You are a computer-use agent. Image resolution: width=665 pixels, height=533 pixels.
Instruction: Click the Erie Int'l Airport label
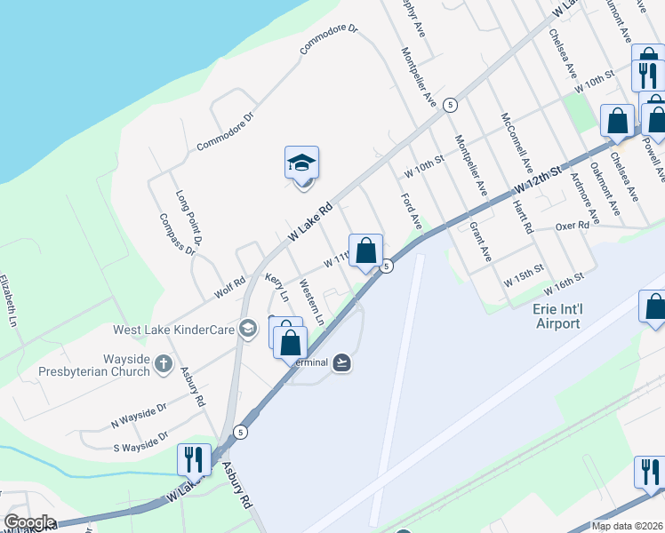[x=557, y=316]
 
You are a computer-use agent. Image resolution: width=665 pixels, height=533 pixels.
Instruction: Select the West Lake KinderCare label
[x=173, y=330]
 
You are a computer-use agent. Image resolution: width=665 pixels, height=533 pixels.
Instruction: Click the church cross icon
[x=163, y=363]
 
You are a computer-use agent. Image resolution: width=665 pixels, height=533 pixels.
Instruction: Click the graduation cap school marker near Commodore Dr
[x=301, y=163]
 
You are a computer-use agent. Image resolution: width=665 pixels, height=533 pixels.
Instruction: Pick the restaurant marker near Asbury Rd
[x=194, y=460]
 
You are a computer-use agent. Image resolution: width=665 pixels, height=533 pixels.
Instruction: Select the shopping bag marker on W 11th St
[x=365, y=251]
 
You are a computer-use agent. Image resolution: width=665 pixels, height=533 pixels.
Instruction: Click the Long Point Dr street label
[x=190, y=217]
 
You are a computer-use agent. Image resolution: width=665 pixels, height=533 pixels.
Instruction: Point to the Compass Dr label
[x=177, y=234]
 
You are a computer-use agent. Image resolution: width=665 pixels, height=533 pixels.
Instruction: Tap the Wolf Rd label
[x=229, y=287]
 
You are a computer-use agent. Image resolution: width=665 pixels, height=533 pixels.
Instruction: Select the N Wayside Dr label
[x=139, y=412]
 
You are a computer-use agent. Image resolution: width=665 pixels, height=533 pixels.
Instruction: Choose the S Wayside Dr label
[x=140, y=440]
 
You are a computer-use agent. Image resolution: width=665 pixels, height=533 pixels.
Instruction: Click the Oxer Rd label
[x=573, y=227]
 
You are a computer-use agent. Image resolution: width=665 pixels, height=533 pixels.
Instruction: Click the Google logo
[x=29, y=522]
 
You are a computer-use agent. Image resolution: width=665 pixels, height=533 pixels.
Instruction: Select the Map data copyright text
[x=626, y=526]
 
